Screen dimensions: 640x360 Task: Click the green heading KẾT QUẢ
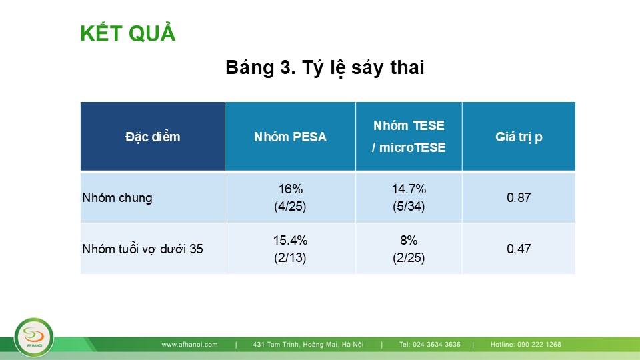tap(128, 33)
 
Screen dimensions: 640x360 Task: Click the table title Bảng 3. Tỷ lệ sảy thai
tap(325, 67)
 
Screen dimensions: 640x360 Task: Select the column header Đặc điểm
tap(153, 137)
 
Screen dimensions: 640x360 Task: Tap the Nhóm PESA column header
tap(290, 137)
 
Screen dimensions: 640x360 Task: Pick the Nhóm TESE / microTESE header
tap(409, 136)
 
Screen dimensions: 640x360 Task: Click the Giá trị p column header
tap(519, 137)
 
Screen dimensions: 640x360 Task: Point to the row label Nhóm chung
tap(117, 198)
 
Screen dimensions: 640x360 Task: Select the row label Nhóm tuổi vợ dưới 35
tap(143, 249)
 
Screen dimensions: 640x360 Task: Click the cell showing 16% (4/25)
tap(290, 197)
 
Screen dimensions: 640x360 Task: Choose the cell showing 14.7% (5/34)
tap(409, 197)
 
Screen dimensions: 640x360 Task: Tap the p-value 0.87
tap(519, 198)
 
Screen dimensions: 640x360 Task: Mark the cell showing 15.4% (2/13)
tap(290, 249)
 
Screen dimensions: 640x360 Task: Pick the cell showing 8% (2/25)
tap(409, 249)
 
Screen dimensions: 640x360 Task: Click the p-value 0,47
tap(519, 249)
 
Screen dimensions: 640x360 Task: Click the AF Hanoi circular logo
tap(34, 337)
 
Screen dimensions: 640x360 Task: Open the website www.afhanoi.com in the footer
tap(189, 345)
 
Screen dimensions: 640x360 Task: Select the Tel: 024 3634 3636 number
tap(430, 345)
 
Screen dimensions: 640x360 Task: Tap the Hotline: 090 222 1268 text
tap(526, 345)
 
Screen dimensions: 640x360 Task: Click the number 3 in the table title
tap(285, 67)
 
